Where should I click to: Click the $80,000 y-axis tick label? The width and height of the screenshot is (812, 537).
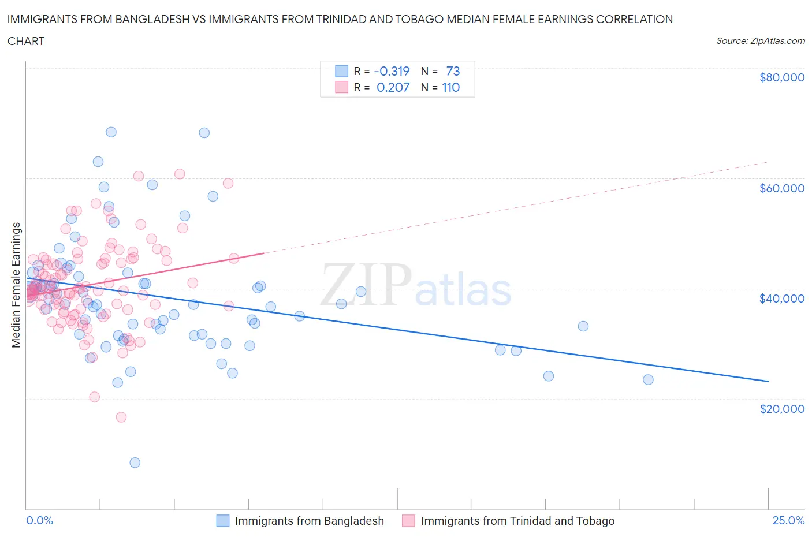(x=781, y=77)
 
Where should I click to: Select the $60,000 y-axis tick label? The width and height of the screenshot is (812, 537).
(x=781, y=188)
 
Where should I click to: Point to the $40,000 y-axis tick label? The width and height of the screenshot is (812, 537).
(x=781, y=298)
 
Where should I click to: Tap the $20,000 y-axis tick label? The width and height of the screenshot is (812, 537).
(x=781, y=408)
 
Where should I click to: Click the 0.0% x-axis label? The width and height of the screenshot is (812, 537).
(x=39, y=520)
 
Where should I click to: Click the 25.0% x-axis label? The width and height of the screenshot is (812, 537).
(x=788, y=520)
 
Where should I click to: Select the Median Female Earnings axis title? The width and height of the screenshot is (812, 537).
(x=16, y=285)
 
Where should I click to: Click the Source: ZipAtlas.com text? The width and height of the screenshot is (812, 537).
(x=760, y=40)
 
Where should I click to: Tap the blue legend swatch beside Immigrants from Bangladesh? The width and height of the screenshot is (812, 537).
(x=223, y=521)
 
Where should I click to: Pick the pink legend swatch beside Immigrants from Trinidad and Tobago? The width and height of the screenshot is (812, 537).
(x=409, y=521)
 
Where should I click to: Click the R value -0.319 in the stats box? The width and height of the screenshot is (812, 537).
(x=392, y=71)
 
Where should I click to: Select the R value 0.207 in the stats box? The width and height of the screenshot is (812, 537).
(x=393, y=87)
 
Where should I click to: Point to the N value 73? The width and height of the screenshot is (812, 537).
(x=453, y=71)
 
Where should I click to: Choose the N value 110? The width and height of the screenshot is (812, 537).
(x=451, y=87)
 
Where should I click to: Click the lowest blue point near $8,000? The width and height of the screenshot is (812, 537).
(x=135, y=463)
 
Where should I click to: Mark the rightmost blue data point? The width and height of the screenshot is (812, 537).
(x=648, y=379)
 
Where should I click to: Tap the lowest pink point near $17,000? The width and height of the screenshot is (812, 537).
(x=121, y=417)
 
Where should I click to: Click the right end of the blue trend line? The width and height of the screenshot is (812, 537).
(x=768, y=381)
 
